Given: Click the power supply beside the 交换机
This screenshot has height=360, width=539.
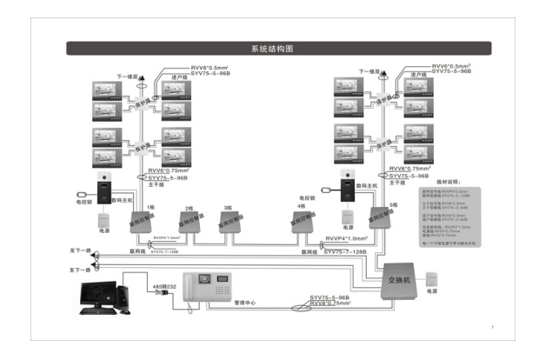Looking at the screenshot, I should (432, 282).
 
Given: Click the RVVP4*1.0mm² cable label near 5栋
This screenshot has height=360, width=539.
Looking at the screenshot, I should (346, 237).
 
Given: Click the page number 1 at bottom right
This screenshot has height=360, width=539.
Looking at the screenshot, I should (492, 329).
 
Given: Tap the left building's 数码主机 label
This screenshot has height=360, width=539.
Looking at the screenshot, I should (123, 198).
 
